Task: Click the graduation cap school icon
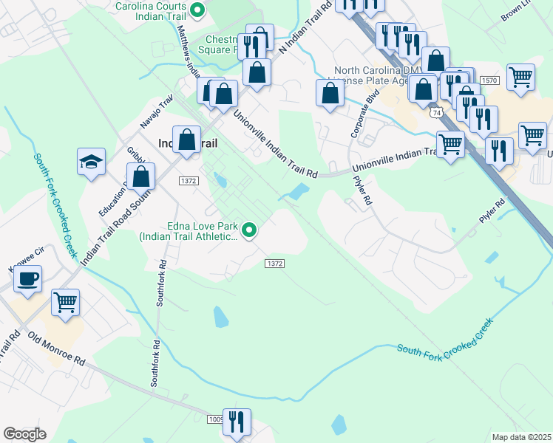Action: (91, 162)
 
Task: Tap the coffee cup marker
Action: (28, 280)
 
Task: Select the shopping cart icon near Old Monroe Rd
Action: (65, 302)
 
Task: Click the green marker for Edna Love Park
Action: (249, 231)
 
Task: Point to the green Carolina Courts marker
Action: (197, 10)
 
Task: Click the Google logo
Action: (24, 434)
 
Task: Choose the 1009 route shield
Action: (215, 419)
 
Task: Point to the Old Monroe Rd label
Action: (56, 348)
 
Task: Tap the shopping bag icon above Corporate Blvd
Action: (330, 93)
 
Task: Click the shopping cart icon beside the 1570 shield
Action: (521, 77)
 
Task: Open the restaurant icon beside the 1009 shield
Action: (237, 422)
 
